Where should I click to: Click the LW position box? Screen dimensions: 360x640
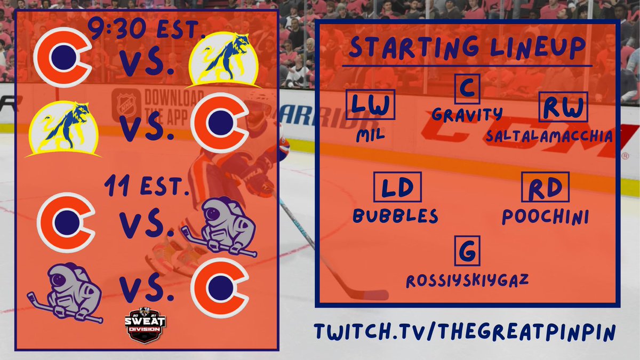(x=371, y=105)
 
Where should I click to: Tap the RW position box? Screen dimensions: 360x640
(x=563, y=107)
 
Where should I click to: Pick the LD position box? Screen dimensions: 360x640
(x=397, y=187)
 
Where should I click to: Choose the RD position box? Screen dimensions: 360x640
(x=545, y=187)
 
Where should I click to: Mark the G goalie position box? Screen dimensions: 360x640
(x=467, y=251)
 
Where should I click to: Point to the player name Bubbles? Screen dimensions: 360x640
(x=396, y=215)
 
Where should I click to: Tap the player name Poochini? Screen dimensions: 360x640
(x=545, y=215)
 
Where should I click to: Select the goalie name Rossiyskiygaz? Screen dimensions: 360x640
(x=467, y=279)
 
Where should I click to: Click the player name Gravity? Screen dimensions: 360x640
(x=467, y=114)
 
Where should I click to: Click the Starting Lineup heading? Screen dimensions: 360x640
(x=467, y=49)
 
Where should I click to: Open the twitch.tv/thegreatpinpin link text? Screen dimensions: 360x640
(x=465, y=331)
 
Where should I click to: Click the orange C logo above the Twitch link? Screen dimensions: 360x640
(x=220, y=288)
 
